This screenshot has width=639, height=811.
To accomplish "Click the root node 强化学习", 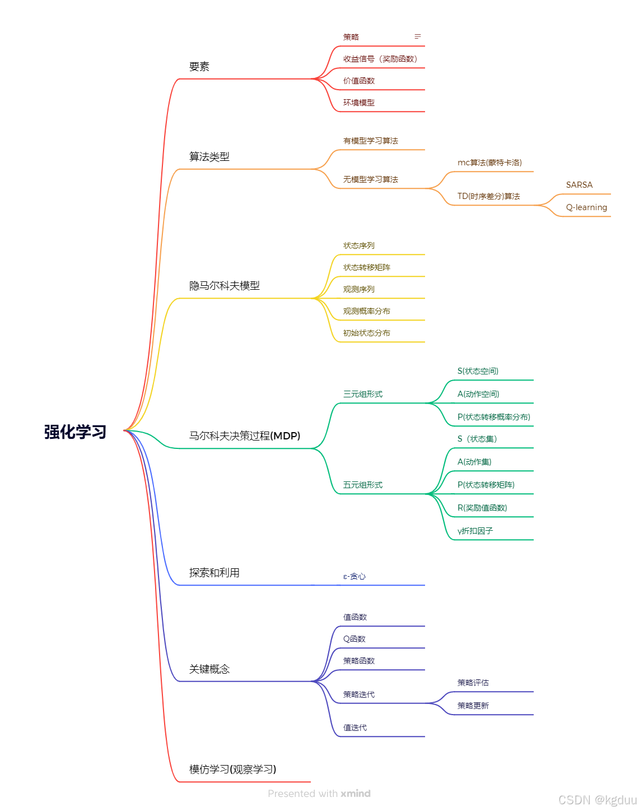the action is [x=75, y=432].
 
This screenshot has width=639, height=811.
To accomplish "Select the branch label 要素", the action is [x=199, y=67].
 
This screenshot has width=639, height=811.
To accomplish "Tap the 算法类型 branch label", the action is [x=209, y=157].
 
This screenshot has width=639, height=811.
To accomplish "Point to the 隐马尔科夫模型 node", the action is [x=224, y=286].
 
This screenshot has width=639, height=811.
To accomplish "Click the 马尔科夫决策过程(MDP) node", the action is [x=244, y=436].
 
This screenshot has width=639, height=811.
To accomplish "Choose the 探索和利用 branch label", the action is [x=214, y=573].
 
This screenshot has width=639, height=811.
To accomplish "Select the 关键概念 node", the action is [x=209, y=669].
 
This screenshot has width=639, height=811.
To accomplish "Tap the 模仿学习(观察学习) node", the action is [x=232, y=770].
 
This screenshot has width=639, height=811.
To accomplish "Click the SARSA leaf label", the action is [x=579, y=185].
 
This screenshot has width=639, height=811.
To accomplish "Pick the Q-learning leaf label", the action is [x=586, y=207].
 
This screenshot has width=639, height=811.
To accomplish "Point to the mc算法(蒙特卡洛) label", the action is [x=489, y=163].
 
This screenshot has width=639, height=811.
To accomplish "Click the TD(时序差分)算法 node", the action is [x=488, y=196].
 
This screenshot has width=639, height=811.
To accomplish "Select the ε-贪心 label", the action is [x=354, y=576].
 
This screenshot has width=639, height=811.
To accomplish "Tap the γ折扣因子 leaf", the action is [x=475, y=531].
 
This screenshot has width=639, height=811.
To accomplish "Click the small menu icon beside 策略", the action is [x=418, y=36].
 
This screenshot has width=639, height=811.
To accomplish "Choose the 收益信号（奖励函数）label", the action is [x=380, y=59].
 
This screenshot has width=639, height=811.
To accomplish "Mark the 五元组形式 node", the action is [x=362, y=485].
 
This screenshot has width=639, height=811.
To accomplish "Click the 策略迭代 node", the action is [x=358, y=694].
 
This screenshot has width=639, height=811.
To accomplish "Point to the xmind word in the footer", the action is [x=356, y=794].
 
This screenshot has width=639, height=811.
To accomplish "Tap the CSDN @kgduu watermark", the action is [x=598, y=800].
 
